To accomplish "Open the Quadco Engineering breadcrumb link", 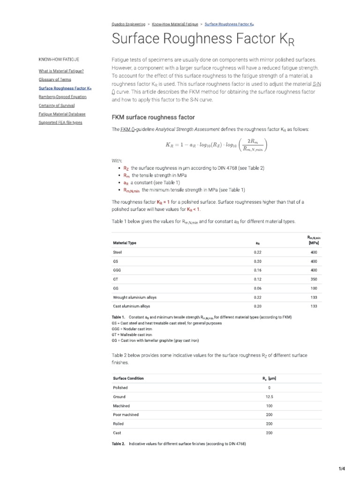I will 128,23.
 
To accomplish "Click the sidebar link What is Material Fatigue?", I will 61,71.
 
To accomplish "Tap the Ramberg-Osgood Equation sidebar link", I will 62,97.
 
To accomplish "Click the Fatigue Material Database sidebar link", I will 62,114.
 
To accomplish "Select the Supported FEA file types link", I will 60,122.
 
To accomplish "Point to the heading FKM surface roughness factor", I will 153,117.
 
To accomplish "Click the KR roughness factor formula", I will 217,145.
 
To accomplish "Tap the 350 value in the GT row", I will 314,279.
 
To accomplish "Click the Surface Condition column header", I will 128,378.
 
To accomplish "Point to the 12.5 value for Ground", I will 269,397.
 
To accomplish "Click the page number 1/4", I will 342,468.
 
